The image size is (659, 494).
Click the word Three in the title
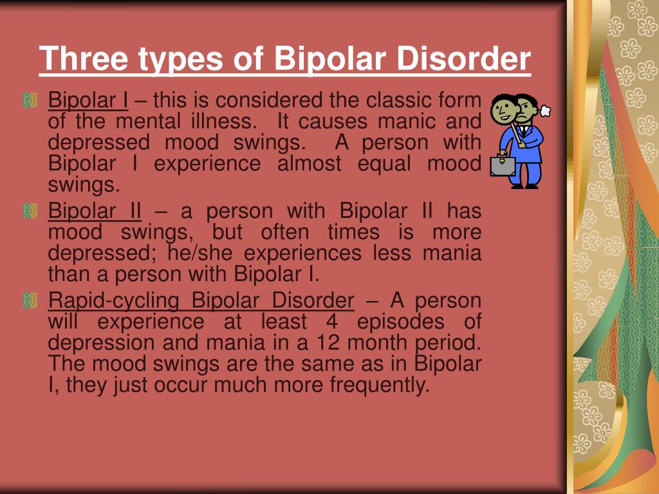[84, 58]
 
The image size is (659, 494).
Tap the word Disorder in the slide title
[463, 58]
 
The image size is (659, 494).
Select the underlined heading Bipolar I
[88, 100]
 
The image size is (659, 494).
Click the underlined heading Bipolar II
[95, 210]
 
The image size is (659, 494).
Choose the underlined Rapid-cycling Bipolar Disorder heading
[201, 300]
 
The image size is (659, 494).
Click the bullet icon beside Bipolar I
[30, 100]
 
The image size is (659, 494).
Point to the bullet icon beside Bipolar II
[30, 210]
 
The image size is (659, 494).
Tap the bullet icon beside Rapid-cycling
[30, 300]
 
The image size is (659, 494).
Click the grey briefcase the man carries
[503, 165]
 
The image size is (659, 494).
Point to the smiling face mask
[504, 108]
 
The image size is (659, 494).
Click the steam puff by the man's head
[545, 111]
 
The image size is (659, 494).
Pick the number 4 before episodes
[332, 322]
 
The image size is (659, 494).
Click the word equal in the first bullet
[384, 164]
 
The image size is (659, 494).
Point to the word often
[284, 232]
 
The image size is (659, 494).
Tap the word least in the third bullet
[284, 322]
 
